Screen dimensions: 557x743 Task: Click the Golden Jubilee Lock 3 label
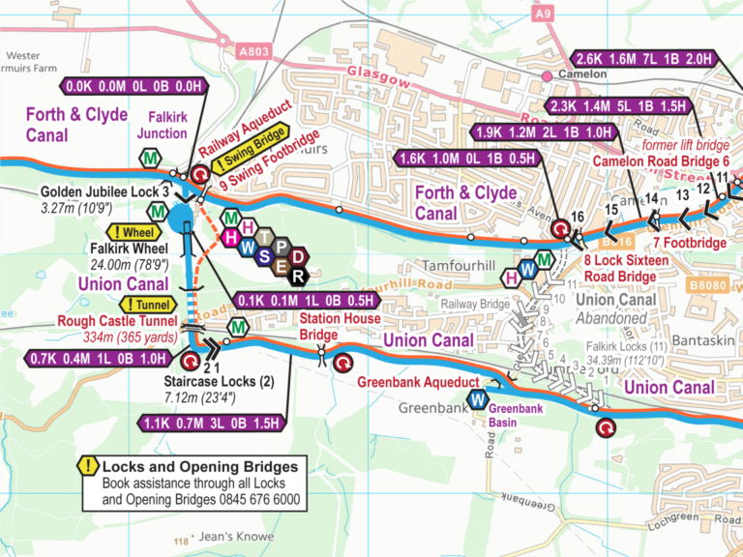coord(105,192)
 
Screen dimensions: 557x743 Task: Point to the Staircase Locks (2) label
coord(218,382)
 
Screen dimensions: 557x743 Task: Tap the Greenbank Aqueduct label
coord(417,382)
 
